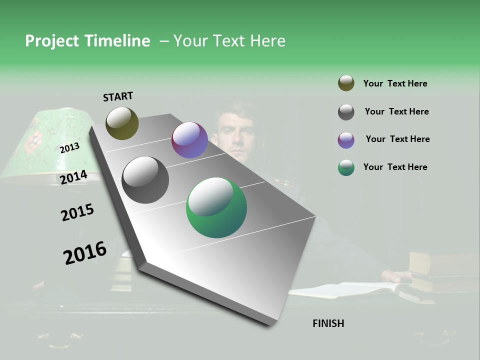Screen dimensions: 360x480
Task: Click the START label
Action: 118,96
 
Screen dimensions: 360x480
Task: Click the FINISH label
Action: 328,323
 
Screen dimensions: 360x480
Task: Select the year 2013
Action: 69,148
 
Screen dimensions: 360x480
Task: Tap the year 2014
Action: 73,177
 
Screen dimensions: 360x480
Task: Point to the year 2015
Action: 77,212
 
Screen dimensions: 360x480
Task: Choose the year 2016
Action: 85,252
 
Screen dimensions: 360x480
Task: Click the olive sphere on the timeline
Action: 122,123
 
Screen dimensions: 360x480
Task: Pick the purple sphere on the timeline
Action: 189,140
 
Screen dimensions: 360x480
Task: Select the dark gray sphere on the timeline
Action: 145,180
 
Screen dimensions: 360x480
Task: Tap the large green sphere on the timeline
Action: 216,207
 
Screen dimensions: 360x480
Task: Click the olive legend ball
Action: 346,83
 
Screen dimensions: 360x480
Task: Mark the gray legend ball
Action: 346,112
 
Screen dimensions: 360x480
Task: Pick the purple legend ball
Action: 346,140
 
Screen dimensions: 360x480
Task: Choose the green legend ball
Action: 346,167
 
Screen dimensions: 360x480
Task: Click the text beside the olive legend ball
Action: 395,83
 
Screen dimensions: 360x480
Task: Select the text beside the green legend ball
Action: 395,167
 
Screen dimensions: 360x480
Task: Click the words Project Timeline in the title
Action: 87,41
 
